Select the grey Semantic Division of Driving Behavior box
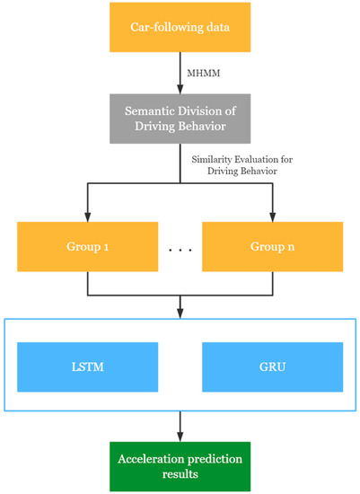click(180, 115)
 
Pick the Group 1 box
click(86, 245)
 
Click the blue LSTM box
click(86, 366)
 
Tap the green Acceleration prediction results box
click(180, 464)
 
